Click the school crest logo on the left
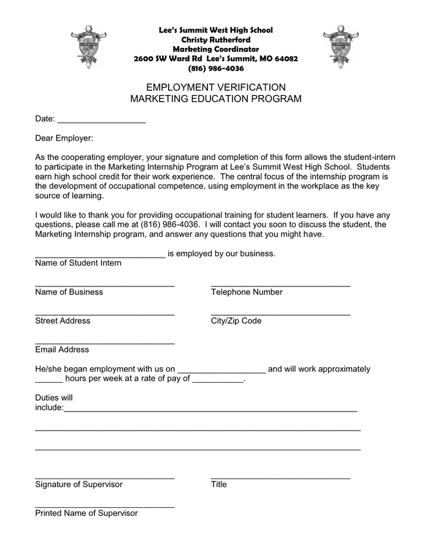point(88,47)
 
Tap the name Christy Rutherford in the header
point(216,39)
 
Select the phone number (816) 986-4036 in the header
point(216,68)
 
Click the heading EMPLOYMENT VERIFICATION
point(216,87)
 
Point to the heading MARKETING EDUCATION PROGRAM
point(216,99)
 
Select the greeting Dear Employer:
point(64,139)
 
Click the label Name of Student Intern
point(79,263)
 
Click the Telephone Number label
point(247,292)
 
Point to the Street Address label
point(63,321)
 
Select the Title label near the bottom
point(219,485)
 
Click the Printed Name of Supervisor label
point(87,513)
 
